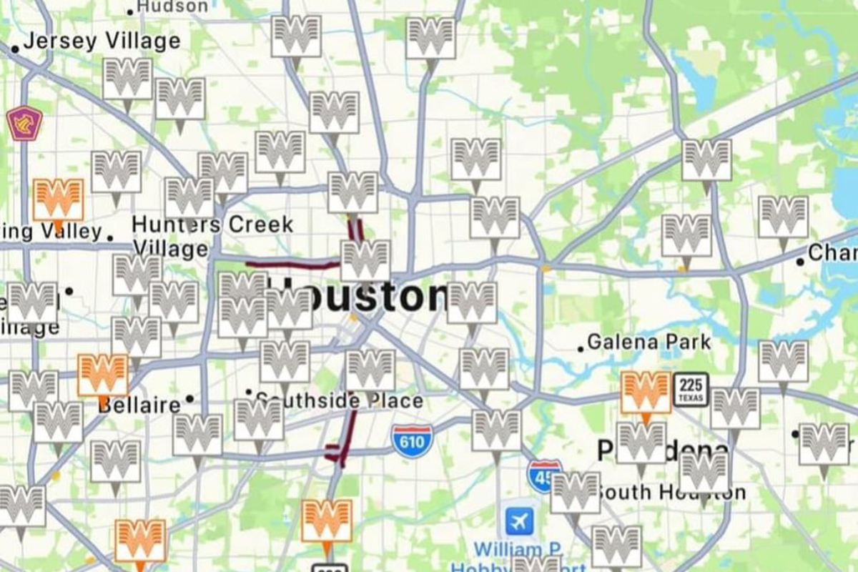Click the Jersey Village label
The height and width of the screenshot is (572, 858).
(x=102, y=41)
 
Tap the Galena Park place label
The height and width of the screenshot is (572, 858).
(x=649, y=342)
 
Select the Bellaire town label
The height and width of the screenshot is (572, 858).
(x=139, y=405)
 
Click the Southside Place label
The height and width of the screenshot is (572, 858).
(x=340, y=400)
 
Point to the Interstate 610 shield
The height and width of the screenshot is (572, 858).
(x=412, y=441)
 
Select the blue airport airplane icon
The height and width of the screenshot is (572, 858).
(x=520, y=522)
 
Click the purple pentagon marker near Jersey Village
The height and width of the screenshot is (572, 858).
(x=24, y=123)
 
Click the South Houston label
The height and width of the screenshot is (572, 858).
(x=671, y=493)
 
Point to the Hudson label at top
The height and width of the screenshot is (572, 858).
(x=172, y=6)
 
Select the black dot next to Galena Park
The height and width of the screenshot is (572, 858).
(x=581, y=349)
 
